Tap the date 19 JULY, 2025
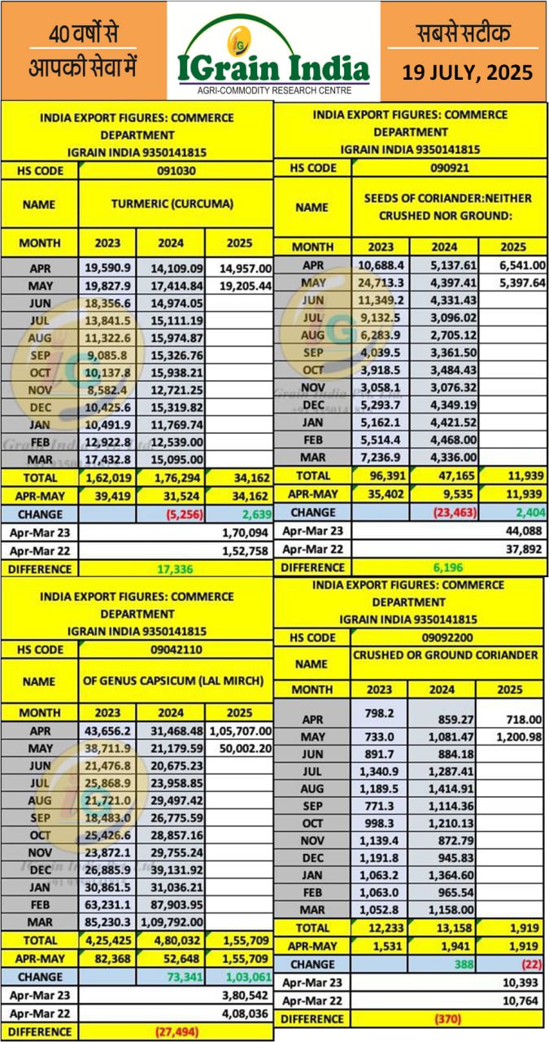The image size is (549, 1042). [x=467, y=72]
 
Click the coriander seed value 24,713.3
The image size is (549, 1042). [x=380, y=282]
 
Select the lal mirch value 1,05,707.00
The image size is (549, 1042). [x=240, y=732]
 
